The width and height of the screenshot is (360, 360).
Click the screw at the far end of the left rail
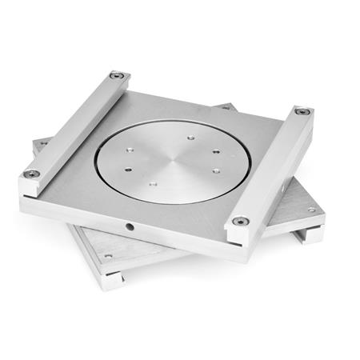click(x=118, y=76)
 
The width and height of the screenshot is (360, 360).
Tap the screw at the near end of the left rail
click(x=34, y=174)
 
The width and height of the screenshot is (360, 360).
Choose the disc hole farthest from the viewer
click(x=191, y=138)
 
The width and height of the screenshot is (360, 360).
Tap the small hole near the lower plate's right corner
click(x=310, y=210)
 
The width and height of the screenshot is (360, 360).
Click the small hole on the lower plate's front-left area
click(x=108, y=256)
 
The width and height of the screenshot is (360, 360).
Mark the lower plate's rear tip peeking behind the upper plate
click(x=227, y=106)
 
